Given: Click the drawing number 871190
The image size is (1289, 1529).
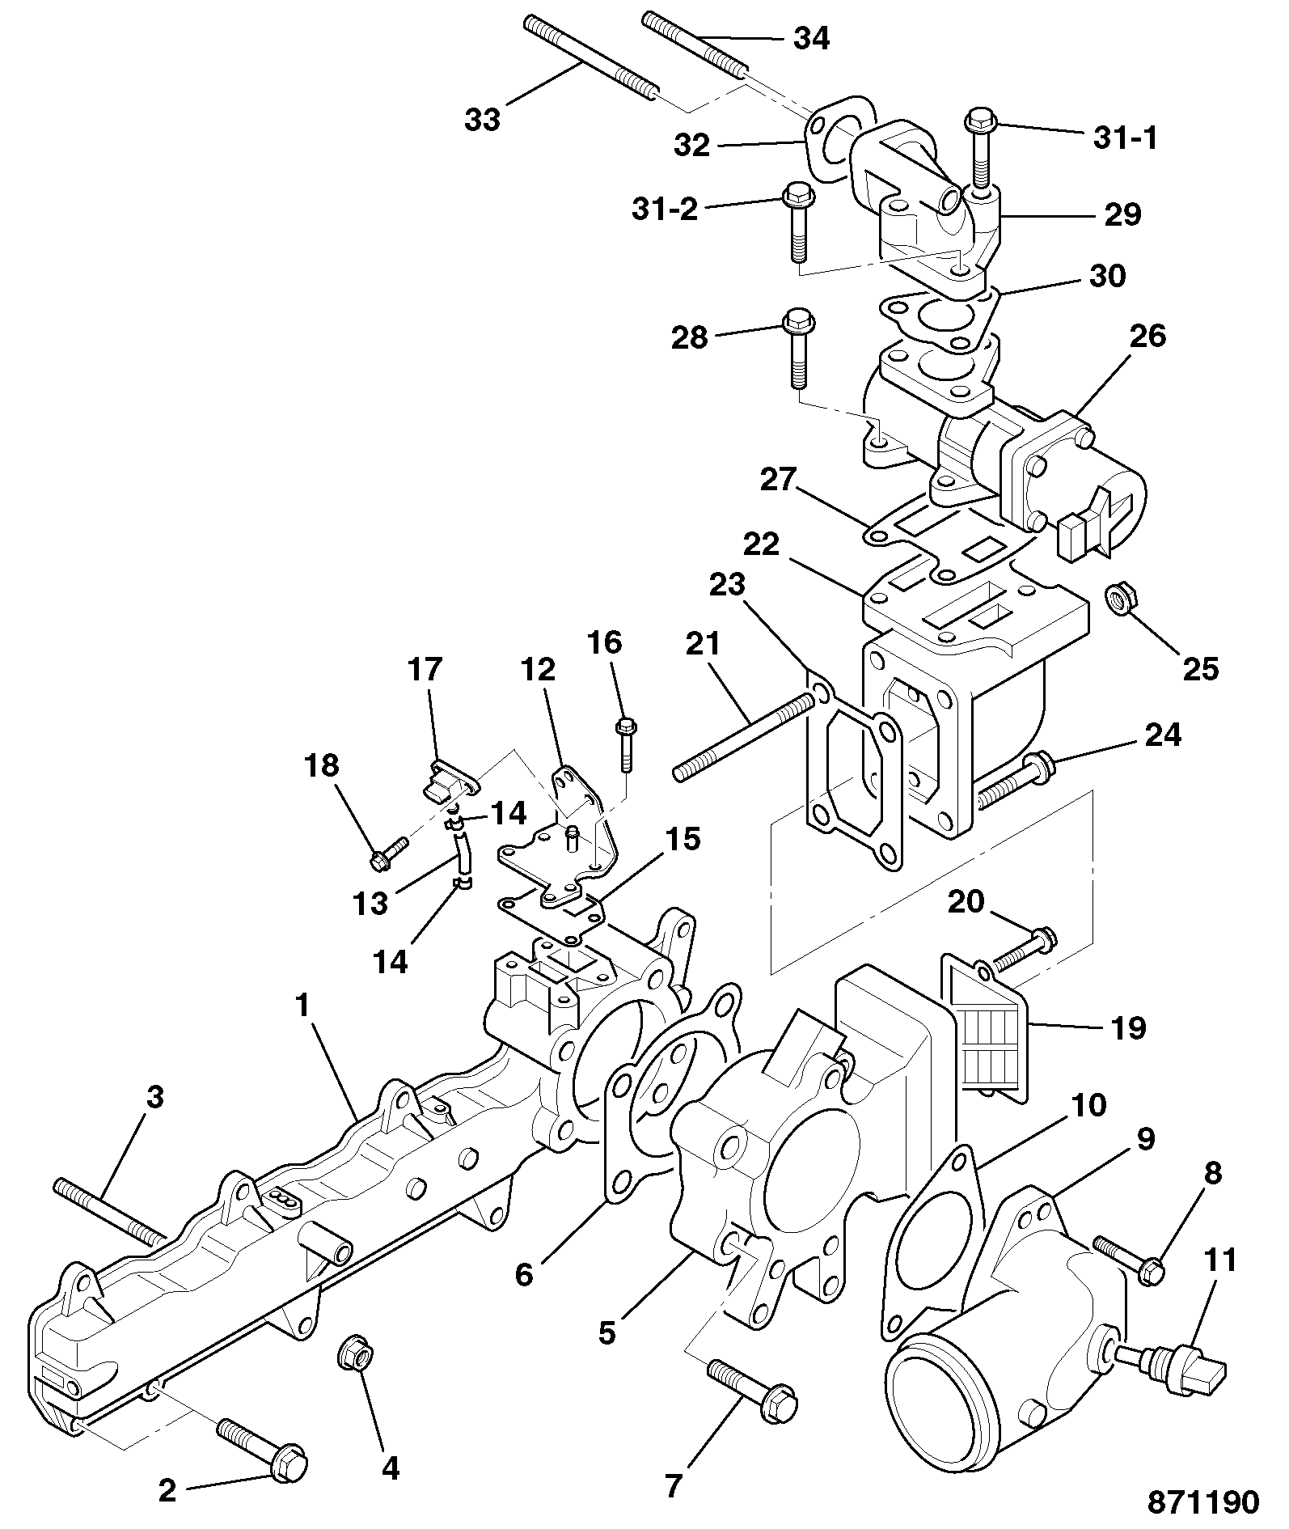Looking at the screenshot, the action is tap(1203, 1501).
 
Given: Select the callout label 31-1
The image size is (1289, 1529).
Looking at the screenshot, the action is tap(1126, 138).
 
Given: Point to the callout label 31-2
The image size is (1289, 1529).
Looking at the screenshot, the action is tap(665, 209).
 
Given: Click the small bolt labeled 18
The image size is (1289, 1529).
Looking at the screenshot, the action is tap(389, 854).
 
